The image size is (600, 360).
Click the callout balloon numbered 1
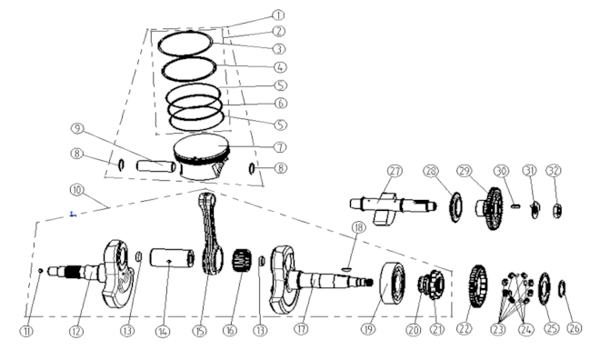tap(278, 15)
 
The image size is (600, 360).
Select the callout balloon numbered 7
tap(280, 147)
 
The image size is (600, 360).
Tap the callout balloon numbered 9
tap(77, 129)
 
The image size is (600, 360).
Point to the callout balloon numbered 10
tap(77, 190)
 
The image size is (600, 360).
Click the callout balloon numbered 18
tap(358, 227)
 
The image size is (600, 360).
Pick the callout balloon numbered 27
tap(395, 171)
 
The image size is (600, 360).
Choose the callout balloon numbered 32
tap(554, 171)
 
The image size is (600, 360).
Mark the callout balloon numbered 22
tap(465, 328)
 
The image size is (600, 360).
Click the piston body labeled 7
tap(202, 156)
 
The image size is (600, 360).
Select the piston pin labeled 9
tap(156, 166)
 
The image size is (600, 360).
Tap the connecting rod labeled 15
tap(212, 235)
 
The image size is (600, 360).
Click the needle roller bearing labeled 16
tap(242, 260)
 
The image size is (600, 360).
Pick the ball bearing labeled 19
tap(393, 284)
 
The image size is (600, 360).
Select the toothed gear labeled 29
tap(491, 208)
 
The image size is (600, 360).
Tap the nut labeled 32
tap(557, 211)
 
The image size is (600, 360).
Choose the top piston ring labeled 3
tap(185, 43)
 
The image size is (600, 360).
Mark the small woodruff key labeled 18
tap(345, 269)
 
